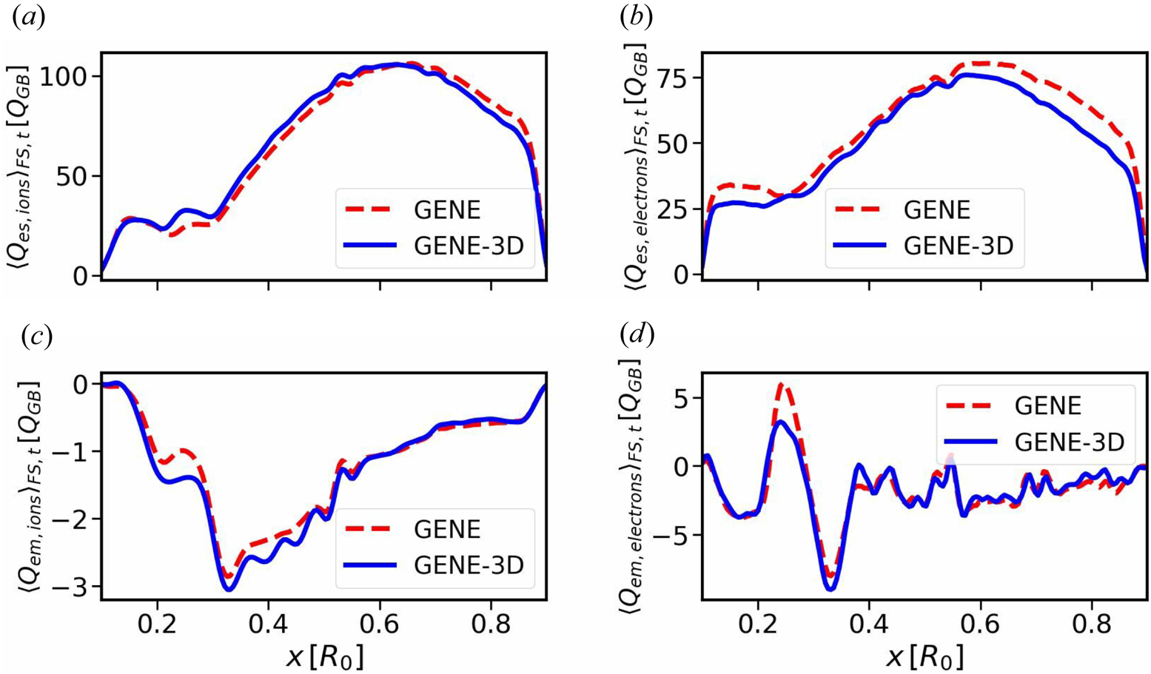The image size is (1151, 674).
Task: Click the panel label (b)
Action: (637, 18)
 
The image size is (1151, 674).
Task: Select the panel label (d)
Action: (637, 336)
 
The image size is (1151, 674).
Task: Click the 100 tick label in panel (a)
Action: (64, 77)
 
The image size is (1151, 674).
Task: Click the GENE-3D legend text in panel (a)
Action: (469, 246)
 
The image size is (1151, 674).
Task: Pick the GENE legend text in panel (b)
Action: (936, 210)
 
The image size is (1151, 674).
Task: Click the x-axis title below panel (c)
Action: (323, 656)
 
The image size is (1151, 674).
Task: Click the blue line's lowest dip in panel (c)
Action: (229, 589)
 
